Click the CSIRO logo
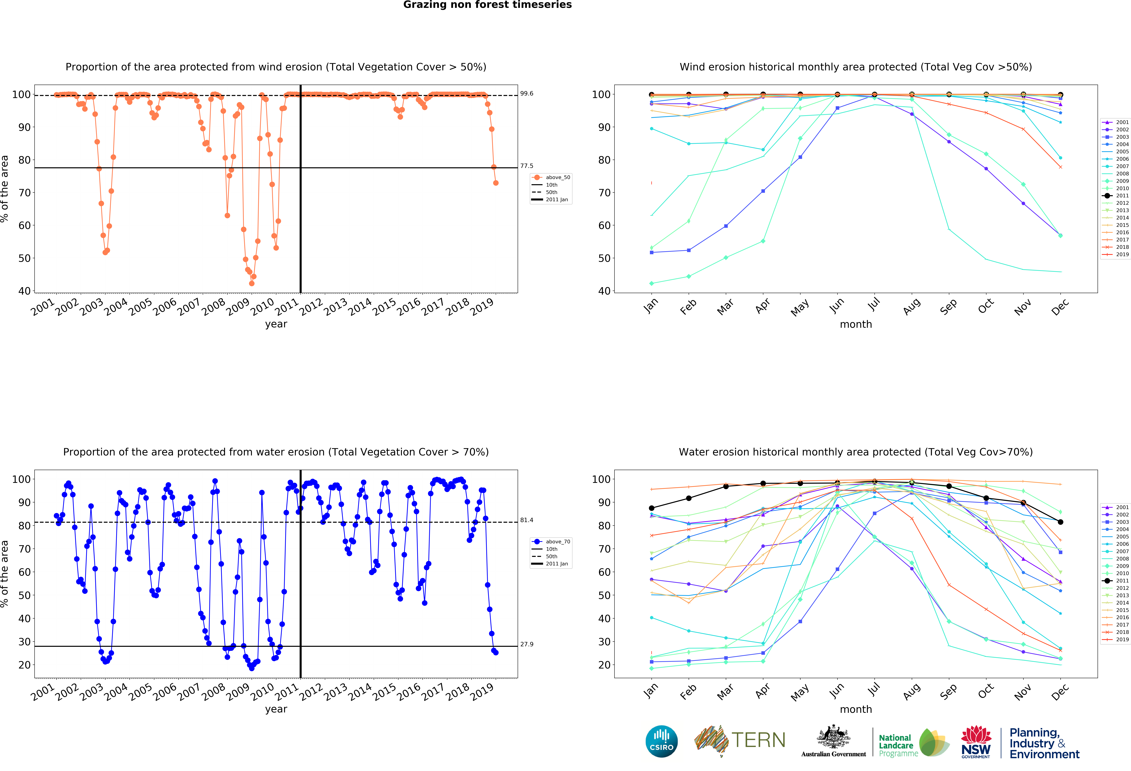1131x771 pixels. pos(661,741)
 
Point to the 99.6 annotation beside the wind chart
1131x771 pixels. pos(527,93)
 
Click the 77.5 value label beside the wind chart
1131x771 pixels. pos(527,166)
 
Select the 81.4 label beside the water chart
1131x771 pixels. pos(527,520)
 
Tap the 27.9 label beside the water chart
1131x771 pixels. pos(527,644)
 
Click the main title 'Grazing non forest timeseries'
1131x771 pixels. pos(487,5)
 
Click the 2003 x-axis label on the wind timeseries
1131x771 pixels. pos(91,307)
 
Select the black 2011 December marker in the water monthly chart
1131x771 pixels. pos(1060,522)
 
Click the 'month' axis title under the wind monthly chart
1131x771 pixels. pos(856,324)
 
